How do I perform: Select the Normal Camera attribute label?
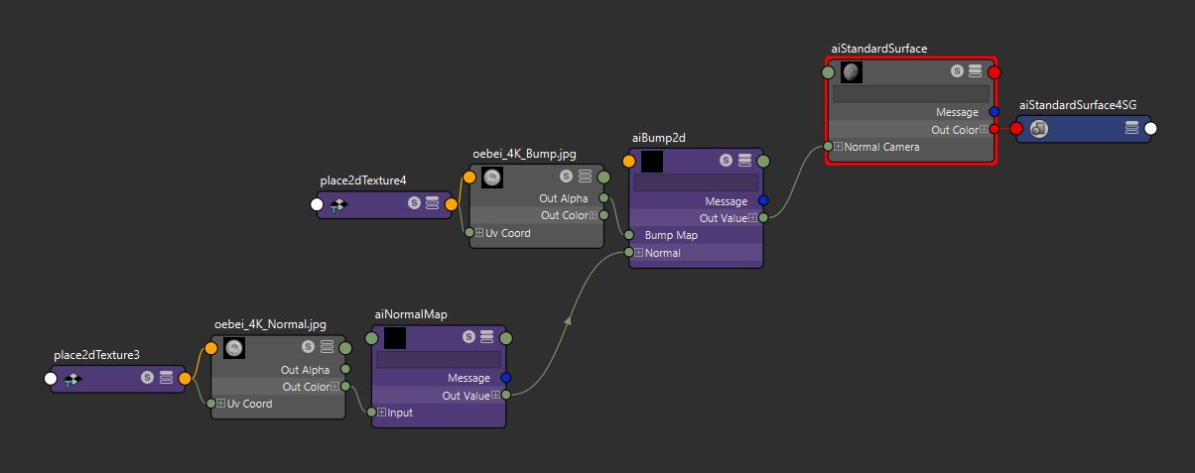pos(881,147)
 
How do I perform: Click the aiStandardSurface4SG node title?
pos(1077,105)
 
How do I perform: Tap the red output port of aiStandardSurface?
pos(994,71)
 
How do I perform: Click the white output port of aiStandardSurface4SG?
pos(1150,128)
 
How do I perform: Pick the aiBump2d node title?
pos(659,137)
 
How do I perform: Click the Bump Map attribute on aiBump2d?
pos(672,235)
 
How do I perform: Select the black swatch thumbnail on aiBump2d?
pos(652,161)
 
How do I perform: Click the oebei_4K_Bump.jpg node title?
pos(524,154)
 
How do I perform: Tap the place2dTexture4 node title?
pos(363,180)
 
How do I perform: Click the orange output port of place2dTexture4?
pos(452,205)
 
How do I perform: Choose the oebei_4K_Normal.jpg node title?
pos(270,324)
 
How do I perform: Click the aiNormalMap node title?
pos(411,314)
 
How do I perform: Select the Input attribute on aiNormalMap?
pos(400,413)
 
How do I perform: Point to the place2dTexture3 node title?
pos(96,354)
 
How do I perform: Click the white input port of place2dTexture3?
pos(51,378)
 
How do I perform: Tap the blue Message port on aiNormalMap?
pos(505,378)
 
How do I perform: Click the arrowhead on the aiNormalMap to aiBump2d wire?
pos(570,319)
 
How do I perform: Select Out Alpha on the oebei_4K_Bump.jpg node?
pos(563,198)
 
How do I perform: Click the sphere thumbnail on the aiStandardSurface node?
pos(852,71)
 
